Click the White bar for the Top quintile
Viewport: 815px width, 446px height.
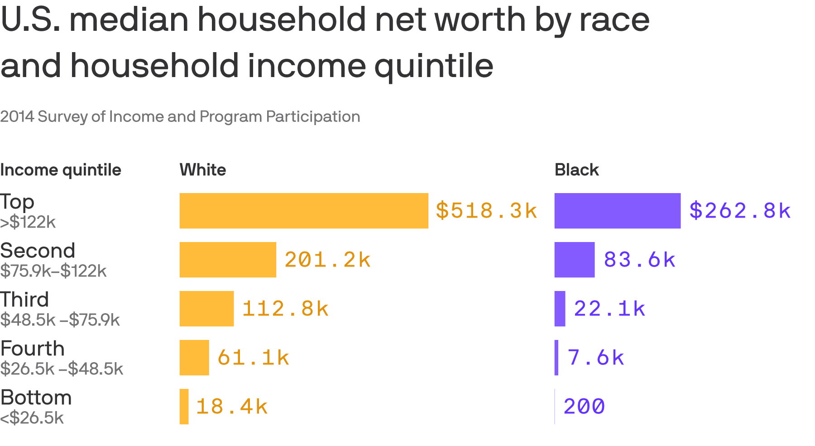click(x=303, y=211)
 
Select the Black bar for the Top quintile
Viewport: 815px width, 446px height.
click(x=617, y=211)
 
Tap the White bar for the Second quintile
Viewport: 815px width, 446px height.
click(x=228, y=260)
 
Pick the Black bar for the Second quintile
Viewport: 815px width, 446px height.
click(x=574, y=260)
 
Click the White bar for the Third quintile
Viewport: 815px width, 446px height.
click(x=206, y=309)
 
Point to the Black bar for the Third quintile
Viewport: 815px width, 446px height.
click(x=560, y=309)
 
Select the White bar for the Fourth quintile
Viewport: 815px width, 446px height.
click(x=194, y=358)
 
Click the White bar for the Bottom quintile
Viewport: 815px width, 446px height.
click(x=184, y=407)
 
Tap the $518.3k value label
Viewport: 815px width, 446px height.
click(x=486, y=211)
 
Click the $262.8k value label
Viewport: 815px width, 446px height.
click(x=740, y=211)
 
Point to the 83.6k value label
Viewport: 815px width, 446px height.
click(x=639, y=260)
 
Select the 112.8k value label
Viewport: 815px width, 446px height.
click(x=285, y=309)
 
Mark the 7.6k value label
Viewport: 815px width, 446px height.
click(x=596, y=358)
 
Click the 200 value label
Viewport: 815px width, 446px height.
click(x=584, y=407)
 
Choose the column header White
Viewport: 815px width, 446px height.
click(x=203, y=170)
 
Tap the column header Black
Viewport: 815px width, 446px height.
click(x=576, y=170)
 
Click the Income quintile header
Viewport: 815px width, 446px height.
click(x=61, y=170)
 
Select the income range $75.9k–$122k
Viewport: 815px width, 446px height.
click(x=53, y=271)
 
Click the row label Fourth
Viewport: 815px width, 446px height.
click(x=33, y=349)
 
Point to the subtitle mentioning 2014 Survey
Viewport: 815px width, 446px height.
click(x=180, y=116)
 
